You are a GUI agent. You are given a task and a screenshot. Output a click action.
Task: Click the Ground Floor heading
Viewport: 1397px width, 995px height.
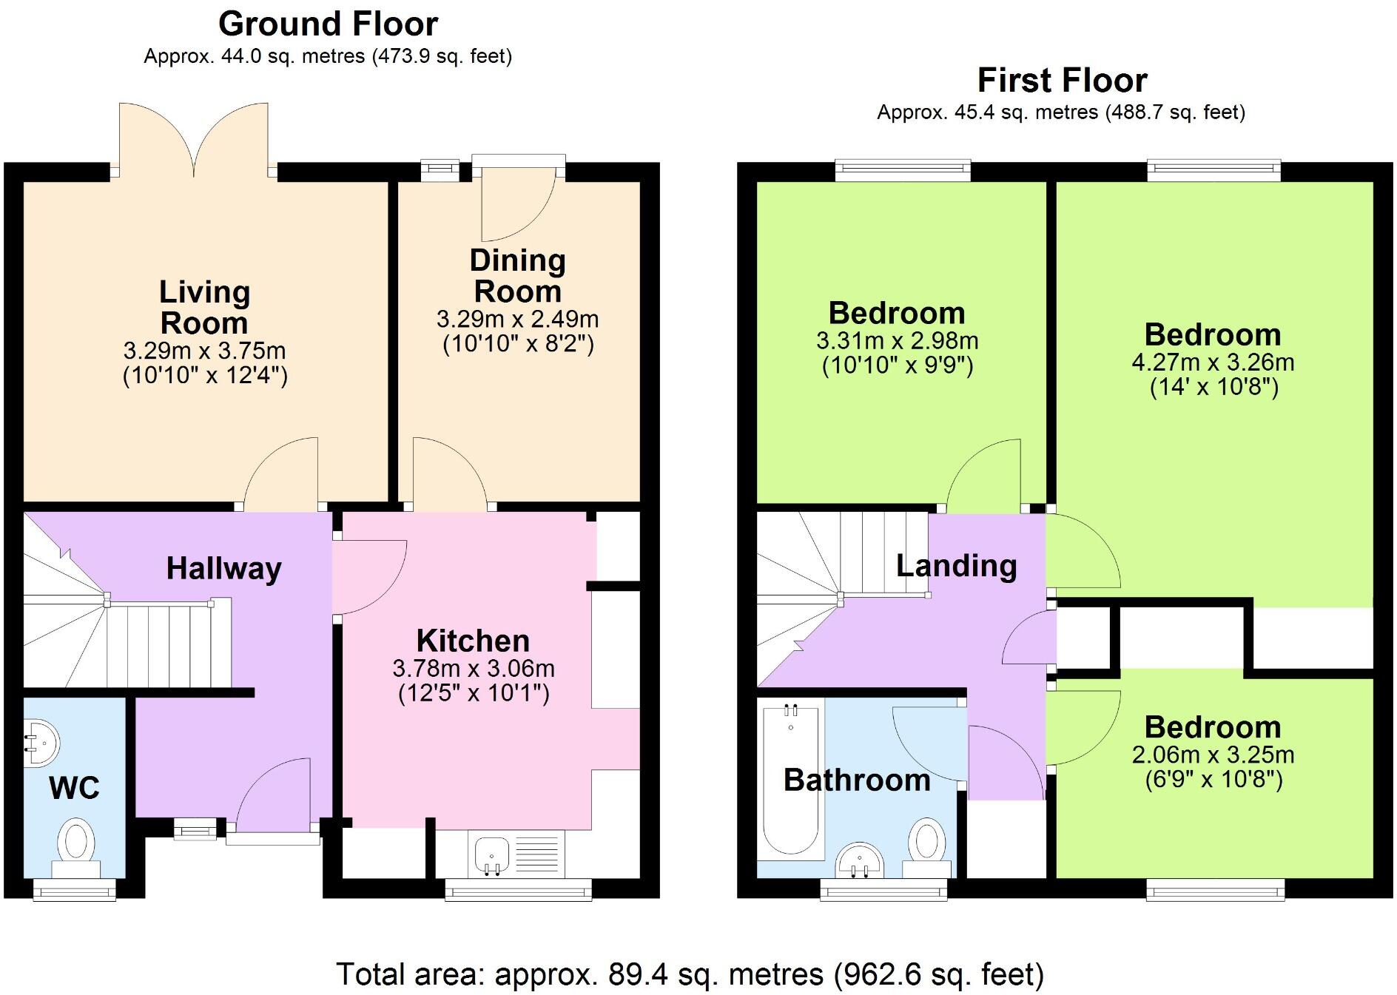click(x=328, y=24)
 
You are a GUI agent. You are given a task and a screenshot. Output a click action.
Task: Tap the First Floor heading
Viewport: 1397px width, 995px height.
click(x=1062, y=80)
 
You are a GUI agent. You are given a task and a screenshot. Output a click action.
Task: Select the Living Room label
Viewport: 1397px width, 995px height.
click(x=204, y=307)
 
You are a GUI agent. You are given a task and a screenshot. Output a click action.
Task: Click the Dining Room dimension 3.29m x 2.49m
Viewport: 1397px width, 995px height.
click(x=517, y=319)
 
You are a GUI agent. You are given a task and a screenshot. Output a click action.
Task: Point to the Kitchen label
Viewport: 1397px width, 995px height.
click(x=473, y=641)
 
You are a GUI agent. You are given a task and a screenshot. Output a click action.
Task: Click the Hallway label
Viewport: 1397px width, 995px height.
click(x=223, y=568)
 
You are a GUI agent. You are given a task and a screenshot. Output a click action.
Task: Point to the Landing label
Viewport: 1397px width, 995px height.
click(x=956, y=566)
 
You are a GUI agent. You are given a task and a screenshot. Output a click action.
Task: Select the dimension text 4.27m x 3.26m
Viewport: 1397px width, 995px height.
click(x=1213, y=362)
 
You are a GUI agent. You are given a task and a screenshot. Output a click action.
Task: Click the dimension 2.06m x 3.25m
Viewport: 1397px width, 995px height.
click(x=1213, y=755)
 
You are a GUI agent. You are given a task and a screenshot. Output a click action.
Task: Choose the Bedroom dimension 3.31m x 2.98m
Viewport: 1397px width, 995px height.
click(x=897, y=341)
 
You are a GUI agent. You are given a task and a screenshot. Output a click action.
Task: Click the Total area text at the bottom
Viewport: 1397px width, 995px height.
click(x=690, y=974)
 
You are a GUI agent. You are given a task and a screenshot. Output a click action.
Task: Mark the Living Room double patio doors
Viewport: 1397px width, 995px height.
click(x=195, y=141)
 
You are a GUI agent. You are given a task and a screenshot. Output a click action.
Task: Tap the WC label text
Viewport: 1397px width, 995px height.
click(x=74, y=788)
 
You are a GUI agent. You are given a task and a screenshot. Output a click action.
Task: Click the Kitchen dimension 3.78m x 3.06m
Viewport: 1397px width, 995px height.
click(x=474, y=669)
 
